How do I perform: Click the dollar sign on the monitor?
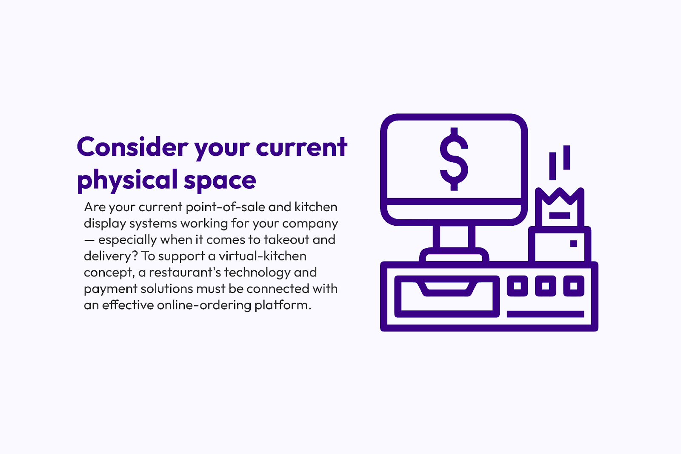coord(454,159)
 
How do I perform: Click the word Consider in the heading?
coord(132,147)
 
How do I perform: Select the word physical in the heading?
coord(127,180)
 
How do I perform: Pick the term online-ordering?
coord(204,305)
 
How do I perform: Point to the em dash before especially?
coord(89,240)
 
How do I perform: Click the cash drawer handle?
coord(447,289)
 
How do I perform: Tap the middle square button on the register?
coord(545,286)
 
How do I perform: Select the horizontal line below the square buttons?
coord(545,314)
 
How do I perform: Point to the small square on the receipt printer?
coord(574,244)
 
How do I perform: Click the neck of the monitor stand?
coord(454,237)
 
